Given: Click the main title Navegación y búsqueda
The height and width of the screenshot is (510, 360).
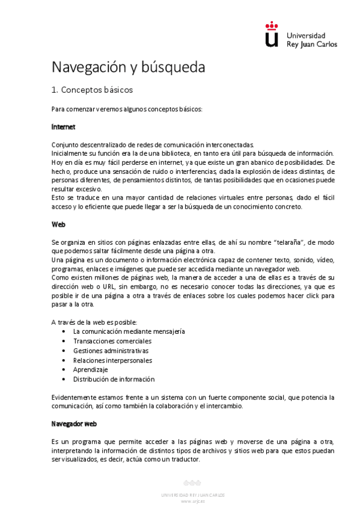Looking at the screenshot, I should click(x=128, y=67).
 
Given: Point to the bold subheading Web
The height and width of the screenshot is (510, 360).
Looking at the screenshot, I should click(x=58, y=224).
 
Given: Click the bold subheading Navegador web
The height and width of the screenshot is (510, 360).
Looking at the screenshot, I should click(x=75, y=423).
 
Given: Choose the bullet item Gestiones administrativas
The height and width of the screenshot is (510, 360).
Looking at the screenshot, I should click(x=111, y=351).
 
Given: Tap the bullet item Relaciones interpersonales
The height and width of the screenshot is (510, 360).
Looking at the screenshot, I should click(x=112, y=360).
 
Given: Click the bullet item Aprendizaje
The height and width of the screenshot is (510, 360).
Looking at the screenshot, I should click(x=90, y=370).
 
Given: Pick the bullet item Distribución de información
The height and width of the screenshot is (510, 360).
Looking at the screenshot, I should click(x=114, y=379).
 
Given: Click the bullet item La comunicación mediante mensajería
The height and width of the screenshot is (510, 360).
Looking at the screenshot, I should click(x=129, y=331).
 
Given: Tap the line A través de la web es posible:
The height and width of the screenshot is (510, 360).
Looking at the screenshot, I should click(x=94, y=322).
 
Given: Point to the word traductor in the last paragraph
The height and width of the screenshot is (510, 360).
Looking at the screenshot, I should click(x=184, y=459).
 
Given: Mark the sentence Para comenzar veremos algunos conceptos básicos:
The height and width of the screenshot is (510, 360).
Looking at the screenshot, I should click(x=127, y=109).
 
